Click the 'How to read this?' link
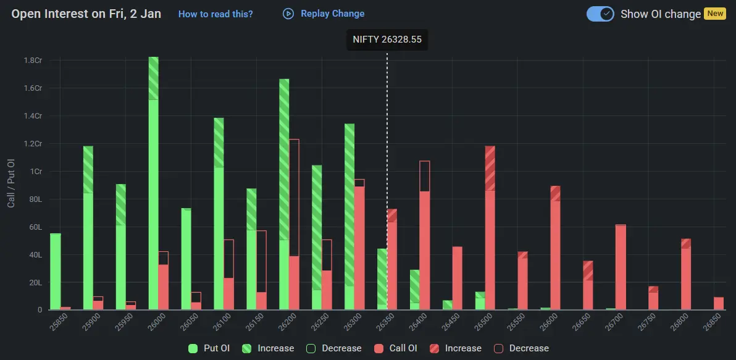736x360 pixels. (215, 14)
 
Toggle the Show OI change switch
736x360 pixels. (600, 14)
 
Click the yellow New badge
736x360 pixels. (714, 14)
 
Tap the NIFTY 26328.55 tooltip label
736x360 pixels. (387, 39)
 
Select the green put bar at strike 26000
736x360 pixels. (153, 185)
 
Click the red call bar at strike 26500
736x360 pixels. (490, 228)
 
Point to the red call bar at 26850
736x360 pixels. (718, 303)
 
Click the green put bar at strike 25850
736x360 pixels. (56, 272)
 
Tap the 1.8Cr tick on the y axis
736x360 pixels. (33, 61)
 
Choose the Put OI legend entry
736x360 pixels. (209, 348)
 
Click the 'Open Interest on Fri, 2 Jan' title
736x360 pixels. (86, 14)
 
